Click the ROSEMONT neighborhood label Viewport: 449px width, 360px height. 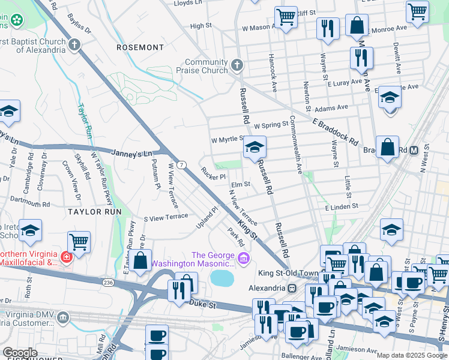click(x=140, y=47)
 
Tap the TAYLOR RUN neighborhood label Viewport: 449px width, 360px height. click(x=94, y=212)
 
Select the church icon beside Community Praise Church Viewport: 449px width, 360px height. click(x=237, y=64)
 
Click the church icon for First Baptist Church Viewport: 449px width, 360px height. click(x=74, y=45)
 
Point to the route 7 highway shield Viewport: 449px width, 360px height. click(x=181, y=164)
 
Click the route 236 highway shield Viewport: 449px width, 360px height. click(x=108, y=281)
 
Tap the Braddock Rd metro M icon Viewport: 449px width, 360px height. click(x=413, y=150)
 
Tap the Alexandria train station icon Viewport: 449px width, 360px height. click(x=292, y=288)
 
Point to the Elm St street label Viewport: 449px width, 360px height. click(x=240, y=185)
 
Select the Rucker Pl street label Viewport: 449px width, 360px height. click(x=213, y=176)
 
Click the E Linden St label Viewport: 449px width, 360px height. click(x=341, y=206)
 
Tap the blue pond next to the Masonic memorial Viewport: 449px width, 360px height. click(x=221, y=278)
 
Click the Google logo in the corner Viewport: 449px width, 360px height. click(x=20, y=353)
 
